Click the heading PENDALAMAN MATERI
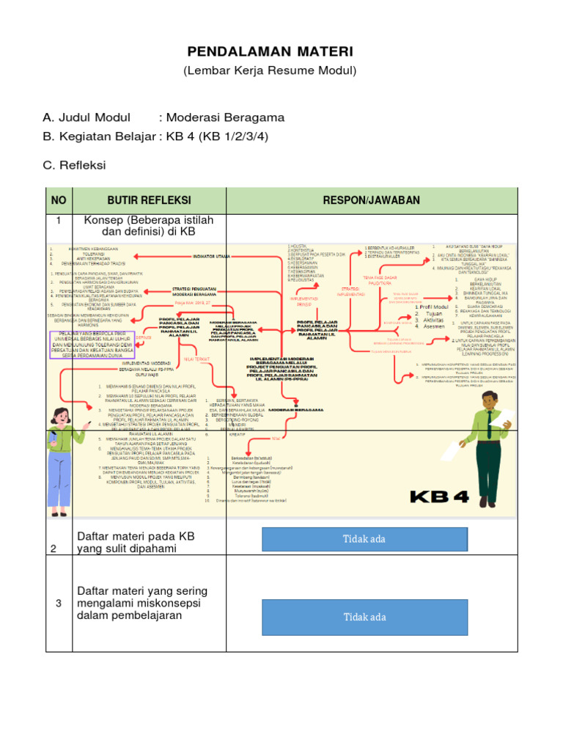[x=271, y=51]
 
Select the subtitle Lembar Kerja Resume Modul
[x=270, y=70]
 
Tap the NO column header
[x=59, y=200]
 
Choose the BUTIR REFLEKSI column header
[x=149, y=200]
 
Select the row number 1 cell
[x=59, y=219]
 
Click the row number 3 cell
[x=59, y=603]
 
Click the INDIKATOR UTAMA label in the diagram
[x=211, y=257]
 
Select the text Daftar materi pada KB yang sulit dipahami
[x=136, y=543]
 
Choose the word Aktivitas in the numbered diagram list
[x=433, y=320]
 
